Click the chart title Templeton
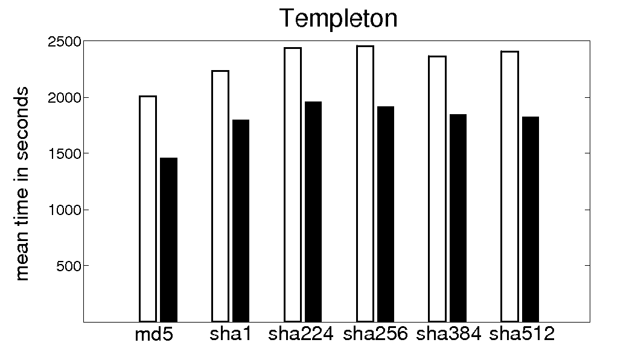[x=337, y=19]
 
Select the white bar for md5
[x=148, y=208]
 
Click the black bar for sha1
[x=241, y=220]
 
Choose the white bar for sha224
[x=293, y=184]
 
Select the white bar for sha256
[x=365, y=184]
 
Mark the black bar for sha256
[x=386, y=214]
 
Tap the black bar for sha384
[x=458, y=217]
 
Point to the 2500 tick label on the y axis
[x=65, y=42]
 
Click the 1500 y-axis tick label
[x=65, y=153]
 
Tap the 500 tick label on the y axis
[x=69, y=266]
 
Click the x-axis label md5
[x=154, y=334]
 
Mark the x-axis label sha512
[x=522, y=334]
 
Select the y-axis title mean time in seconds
[x=22, y=183]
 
